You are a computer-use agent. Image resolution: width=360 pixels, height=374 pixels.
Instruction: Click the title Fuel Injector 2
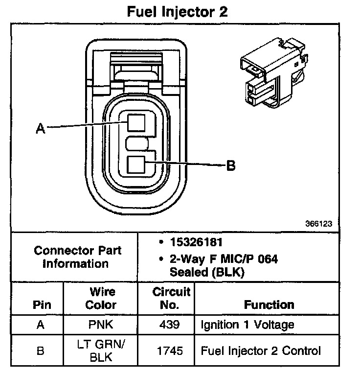177,12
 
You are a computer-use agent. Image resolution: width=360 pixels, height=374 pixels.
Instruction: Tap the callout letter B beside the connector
230,166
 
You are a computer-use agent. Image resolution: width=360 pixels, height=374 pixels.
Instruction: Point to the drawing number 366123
319,224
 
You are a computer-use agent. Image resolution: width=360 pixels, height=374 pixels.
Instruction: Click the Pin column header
42,304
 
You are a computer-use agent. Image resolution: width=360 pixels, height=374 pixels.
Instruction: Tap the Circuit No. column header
171,298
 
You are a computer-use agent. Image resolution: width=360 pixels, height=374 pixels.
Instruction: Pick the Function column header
269,304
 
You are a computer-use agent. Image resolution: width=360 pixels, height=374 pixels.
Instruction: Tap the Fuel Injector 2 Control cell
261,351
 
